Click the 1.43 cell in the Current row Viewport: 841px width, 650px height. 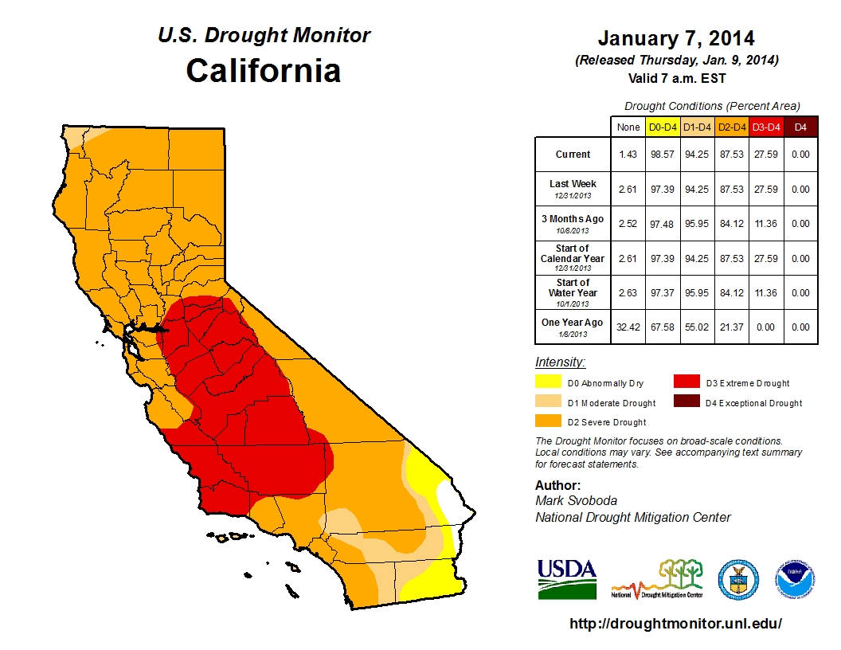627,155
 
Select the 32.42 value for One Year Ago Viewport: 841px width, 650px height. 627,327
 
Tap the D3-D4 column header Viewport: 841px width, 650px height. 765,127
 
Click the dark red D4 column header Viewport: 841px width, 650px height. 801,127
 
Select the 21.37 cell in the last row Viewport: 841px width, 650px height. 731,327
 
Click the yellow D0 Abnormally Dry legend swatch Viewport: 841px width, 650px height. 548,382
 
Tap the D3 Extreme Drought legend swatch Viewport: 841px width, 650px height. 686,382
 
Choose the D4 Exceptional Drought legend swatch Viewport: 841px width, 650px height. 686,402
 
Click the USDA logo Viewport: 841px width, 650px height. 566,578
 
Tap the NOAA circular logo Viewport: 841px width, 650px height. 796,580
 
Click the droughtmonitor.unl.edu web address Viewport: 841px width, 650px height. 675,624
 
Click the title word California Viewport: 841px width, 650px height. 264,70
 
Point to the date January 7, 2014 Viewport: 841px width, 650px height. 676,38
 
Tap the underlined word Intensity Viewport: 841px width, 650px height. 560,362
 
